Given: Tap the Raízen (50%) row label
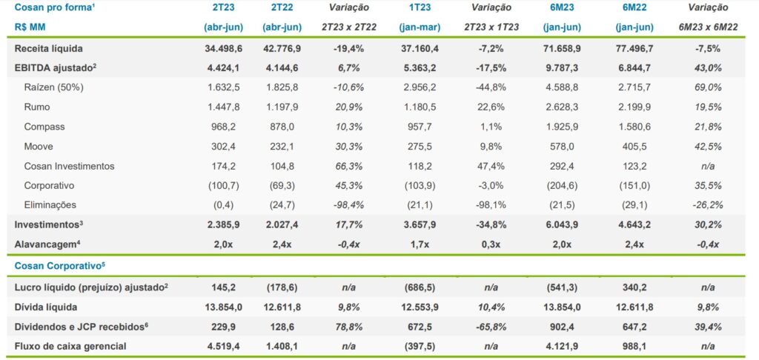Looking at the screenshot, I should [x=54, y=87].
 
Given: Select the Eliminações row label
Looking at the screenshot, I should [x=50, y=204].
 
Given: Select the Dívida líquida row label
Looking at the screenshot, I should [x=46, y=307].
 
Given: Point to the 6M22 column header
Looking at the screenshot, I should [x=634, y=7].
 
